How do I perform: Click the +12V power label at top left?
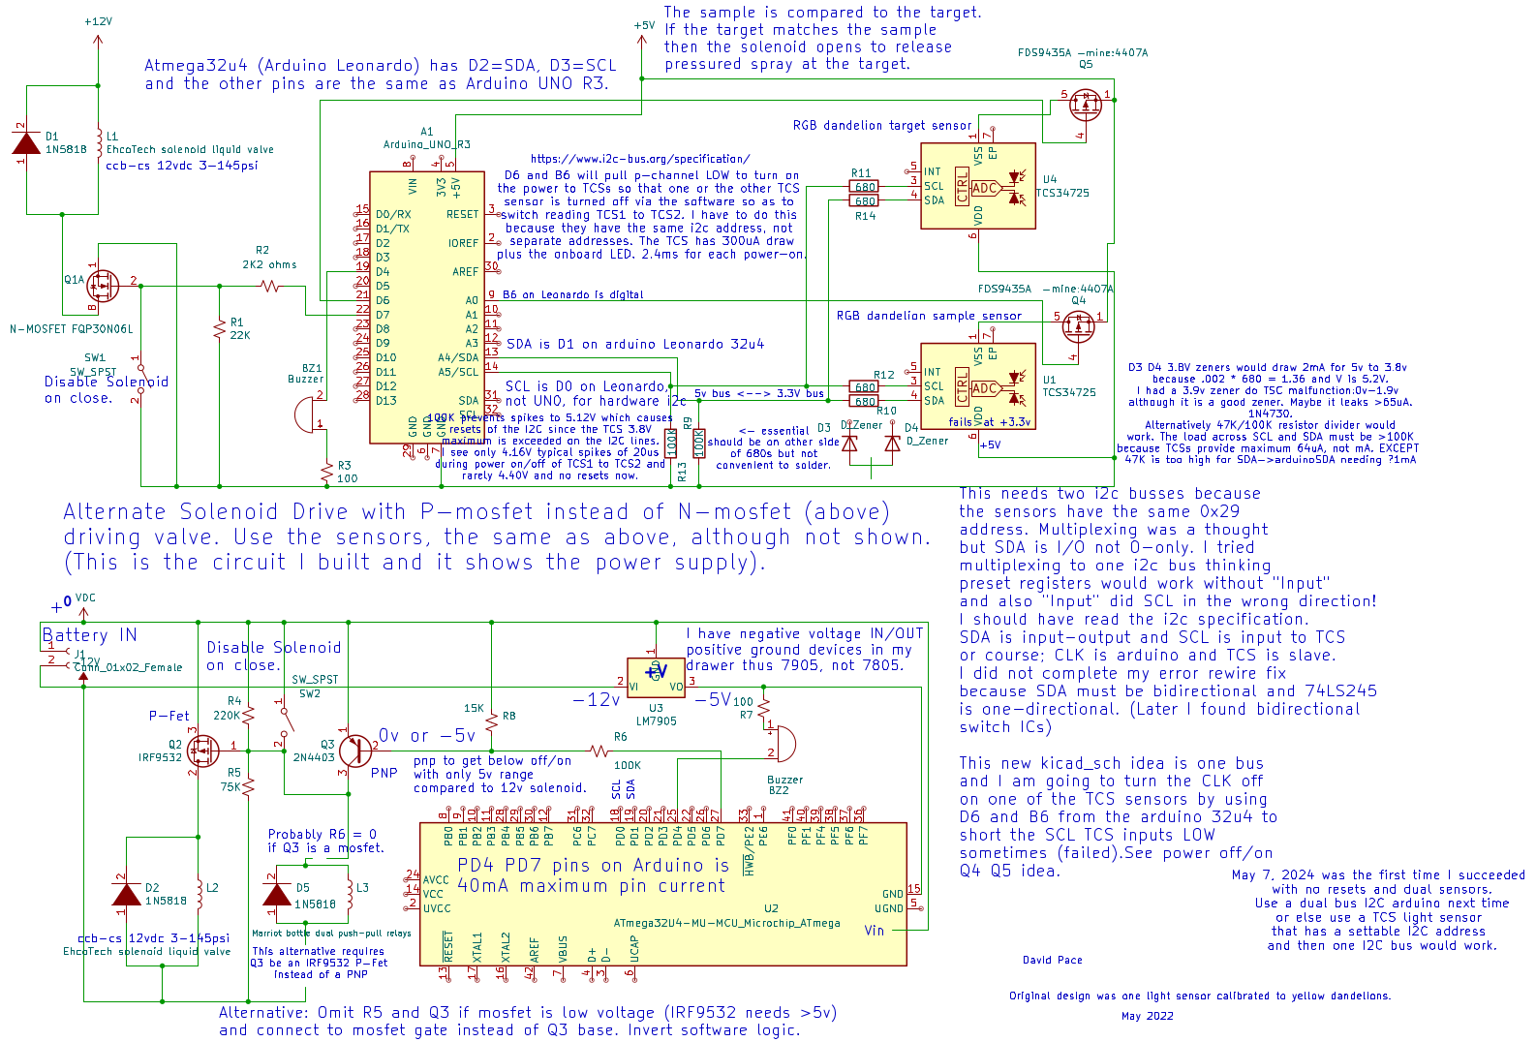tap(98, 21)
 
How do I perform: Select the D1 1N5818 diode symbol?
tap(26, 142)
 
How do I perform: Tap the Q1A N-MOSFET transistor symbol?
tap(101, 285)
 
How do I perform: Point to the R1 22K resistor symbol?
tap(220, 328)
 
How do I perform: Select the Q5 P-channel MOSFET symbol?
tap(1085, 104)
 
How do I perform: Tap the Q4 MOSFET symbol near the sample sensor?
tap(1077, 326)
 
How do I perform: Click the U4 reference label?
tap(1050, 179)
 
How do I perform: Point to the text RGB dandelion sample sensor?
tap(928, 316)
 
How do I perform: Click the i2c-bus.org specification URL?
tap(639, 159)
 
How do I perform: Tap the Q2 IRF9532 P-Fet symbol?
tap(202, 750)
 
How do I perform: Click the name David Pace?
tap(1052, 961)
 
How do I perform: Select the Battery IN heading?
tap(89, 635)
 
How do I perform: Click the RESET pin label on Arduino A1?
tap(462, 215)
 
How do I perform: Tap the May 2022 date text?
tap(1147, 1016)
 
